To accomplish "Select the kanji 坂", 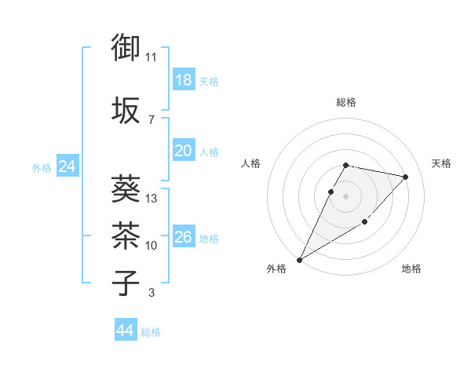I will click(126, 110).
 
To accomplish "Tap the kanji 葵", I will click(126, 188).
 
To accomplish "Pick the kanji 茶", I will click(126, 235).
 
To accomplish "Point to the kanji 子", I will click(126, 283).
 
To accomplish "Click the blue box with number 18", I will click(184, 79).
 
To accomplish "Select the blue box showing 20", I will click(184, 151).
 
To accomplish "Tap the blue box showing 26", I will click(184, 236).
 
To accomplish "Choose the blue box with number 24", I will click(68, 166).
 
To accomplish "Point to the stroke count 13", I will click(152, 199).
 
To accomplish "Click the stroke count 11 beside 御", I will click(152, 57).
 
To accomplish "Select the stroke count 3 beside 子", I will click(152, 293).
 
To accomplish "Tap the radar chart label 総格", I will click(346, 102).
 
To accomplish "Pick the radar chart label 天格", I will click(441, 163).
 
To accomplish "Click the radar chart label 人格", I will click(250, 163).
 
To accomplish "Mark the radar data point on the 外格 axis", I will click(299, 259).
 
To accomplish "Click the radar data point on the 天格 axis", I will click(406, 177).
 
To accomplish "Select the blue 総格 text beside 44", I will click(151, 332).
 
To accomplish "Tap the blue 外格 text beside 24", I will click(42, 167).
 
